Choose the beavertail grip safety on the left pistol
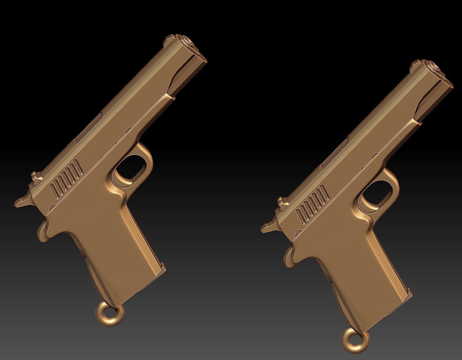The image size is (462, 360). tap(44, 230)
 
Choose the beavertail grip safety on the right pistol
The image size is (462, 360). tap(290, 255)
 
